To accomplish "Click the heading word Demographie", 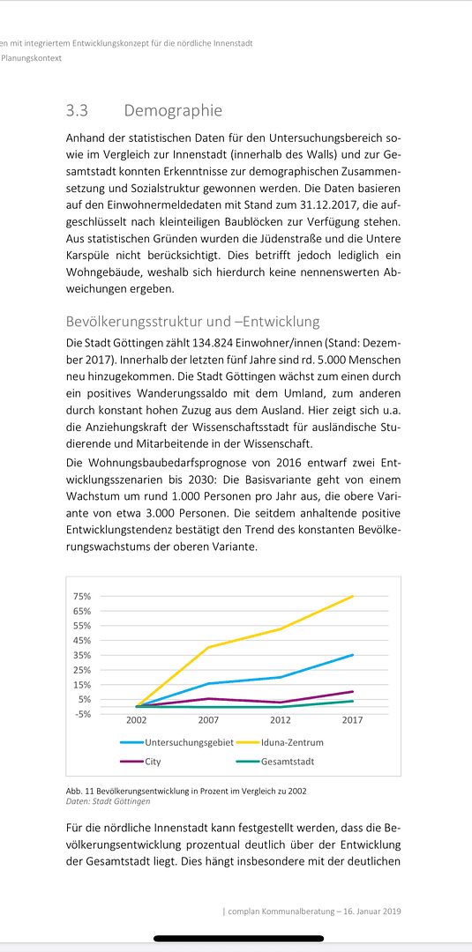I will [x=173, y=111].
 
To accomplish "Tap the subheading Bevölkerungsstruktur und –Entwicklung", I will [x=192, y=322].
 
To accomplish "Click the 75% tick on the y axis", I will [x=82, y=597].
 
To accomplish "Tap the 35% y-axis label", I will [x=82, y=655].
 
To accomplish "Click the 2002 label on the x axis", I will [x=136, y=720].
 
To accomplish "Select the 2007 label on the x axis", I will [x=208, y=720].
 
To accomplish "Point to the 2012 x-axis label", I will [x=281, y=720].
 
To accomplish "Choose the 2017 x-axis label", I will [x=353, y=720].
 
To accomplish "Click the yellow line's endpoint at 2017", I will [x=353, y=597].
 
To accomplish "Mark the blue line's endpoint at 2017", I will [x=353, y=655].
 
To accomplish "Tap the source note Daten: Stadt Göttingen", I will [x=108, y=801].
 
